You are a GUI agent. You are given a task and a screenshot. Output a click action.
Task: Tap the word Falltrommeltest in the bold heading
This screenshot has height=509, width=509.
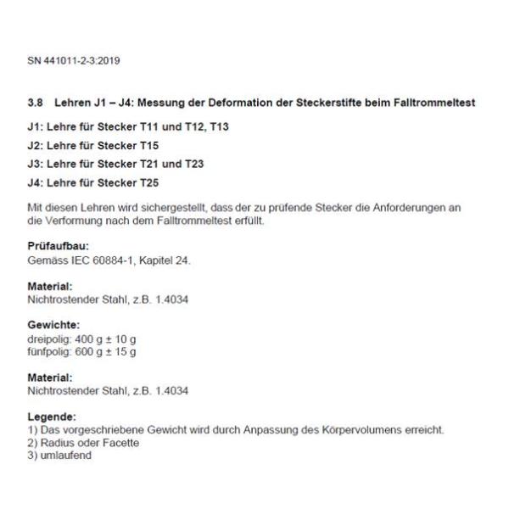[434, 103]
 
